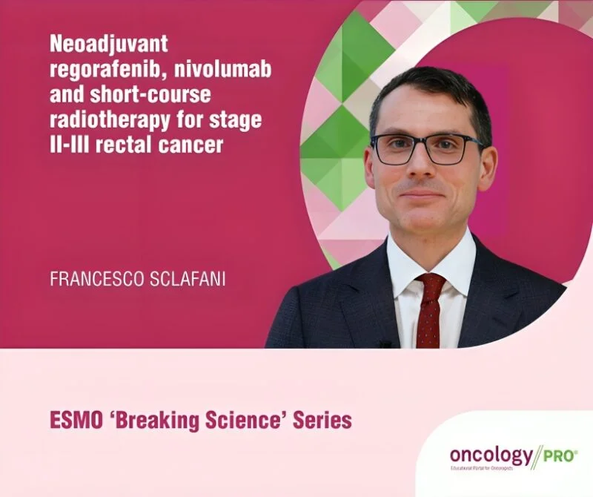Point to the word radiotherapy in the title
pyautogui.click(x=107, y=119)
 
